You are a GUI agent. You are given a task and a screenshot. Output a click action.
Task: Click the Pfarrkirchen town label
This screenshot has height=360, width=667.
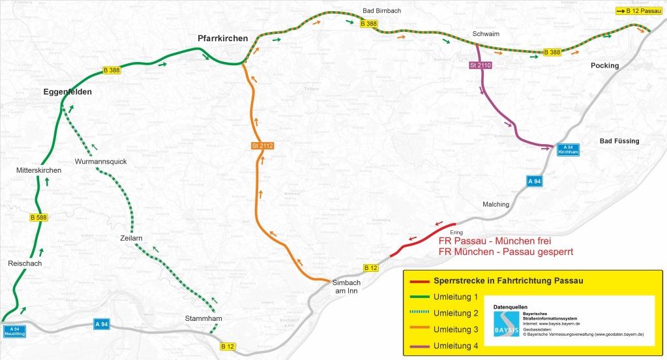[222, 38]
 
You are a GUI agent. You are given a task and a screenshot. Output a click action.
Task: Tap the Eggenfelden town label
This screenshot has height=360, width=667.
[68, 92]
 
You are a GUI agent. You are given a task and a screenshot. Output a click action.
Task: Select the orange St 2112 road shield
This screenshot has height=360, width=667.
[262, 145]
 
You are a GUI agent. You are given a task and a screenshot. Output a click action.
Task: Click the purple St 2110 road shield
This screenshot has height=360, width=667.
[480, 66]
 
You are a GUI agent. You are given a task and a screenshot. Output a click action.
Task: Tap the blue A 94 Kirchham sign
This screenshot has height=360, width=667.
[567, 149]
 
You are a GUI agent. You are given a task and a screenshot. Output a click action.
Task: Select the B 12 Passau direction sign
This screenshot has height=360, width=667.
[638, 11]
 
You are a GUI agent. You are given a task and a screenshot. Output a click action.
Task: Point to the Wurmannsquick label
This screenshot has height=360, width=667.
[100, 161]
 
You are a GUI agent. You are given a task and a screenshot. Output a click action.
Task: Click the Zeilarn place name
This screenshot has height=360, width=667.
[131, 238]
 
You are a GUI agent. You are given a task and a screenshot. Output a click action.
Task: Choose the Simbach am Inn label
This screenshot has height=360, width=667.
[345, 287]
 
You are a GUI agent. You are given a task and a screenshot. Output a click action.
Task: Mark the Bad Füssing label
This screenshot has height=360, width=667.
[619, 141]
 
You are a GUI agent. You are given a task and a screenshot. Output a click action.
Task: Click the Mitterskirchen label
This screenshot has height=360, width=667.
[39, 170]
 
